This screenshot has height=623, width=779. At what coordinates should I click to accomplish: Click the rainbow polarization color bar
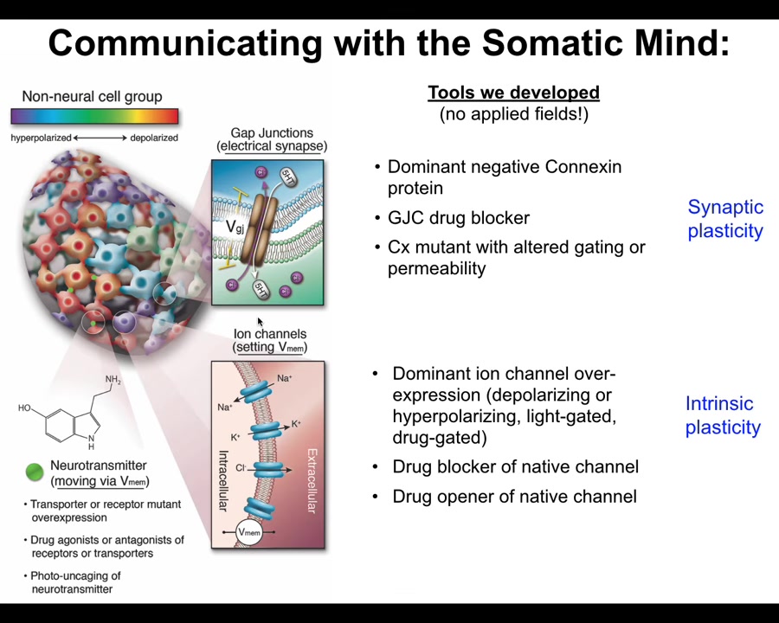click(94, 116)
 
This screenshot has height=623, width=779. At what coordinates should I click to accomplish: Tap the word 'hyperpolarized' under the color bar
click(42, 138)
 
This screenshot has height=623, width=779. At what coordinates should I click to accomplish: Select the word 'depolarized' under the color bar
click(154, 138)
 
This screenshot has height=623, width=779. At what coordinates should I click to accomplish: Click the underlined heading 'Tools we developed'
click(513, 93)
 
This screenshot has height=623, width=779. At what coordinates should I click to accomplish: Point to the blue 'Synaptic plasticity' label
click(725, 219)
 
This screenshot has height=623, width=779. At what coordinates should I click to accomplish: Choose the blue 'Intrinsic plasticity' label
click(723, 415)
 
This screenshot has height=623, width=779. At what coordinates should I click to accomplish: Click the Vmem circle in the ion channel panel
click(249, 532)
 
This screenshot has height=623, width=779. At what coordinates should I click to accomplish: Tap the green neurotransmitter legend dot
click(35, 472)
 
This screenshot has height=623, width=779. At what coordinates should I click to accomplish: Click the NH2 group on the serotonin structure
click(113, 380)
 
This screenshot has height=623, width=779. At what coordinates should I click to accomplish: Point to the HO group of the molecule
click(24, 408)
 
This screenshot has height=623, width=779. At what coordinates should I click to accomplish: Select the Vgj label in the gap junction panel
click(235, 227)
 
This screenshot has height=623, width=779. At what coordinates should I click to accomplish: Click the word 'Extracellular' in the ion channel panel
click(312, 480)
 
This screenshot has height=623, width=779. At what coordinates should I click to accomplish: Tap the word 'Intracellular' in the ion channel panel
click(223, 481)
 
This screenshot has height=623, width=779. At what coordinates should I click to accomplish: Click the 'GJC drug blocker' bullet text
click(459, 218)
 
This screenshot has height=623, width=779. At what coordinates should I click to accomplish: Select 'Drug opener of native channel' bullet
click(514, 497)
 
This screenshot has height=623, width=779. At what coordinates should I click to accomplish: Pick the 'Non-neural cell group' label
click(92, 96)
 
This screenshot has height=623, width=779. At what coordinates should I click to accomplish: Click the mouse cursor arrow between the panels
click(260, 321)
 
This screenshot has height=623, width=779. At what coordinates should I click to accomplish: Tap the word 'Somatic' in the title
click(553, 43)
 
